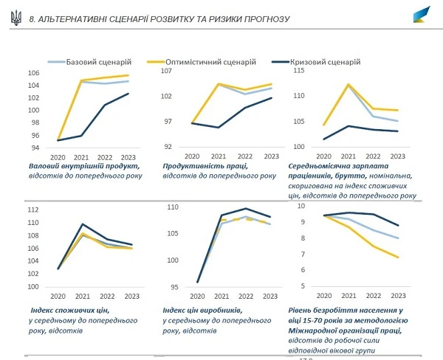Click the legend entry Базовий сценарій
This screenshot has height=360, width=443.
point(97,62)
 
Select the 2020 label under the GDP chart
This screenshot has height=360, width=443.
point(58,156)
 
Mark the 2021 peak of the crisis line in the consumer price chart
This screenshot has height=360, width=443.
point(83,224)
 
